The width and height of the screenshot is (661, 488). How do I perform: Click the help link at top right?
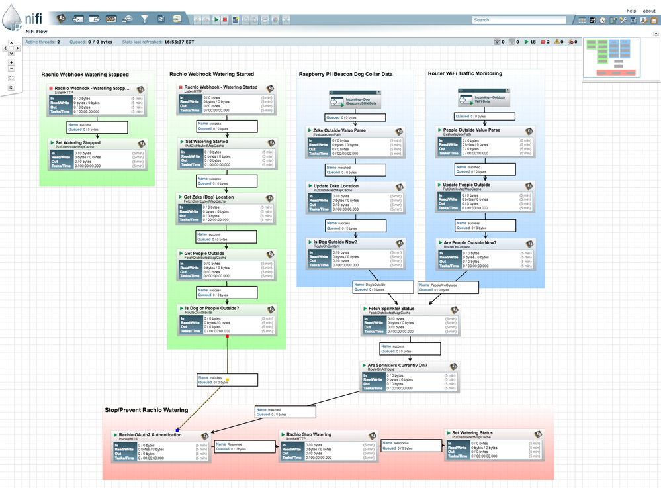(631, 11)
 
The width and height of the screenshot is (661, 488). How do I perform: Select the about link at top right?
(649, 11)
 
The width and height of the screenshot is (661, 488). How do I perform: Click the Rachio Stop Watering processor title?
(308, 435)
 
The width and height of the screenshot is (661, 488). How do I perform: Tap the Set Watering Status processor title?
(472, 433)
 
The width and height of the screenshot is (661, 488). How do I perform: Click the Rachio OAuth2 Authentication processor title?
(150, 435)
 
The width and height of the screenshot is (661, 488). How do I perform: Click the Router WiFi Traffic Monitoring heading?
(464, 73)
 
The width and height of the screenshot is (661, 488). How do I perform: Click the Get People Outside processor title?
(204, 253)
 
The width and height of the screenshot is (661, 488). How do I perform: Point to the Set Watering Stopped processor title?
(77, 142)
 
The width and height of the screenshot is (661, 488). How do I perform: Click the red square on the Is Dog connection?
(227, 336)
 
